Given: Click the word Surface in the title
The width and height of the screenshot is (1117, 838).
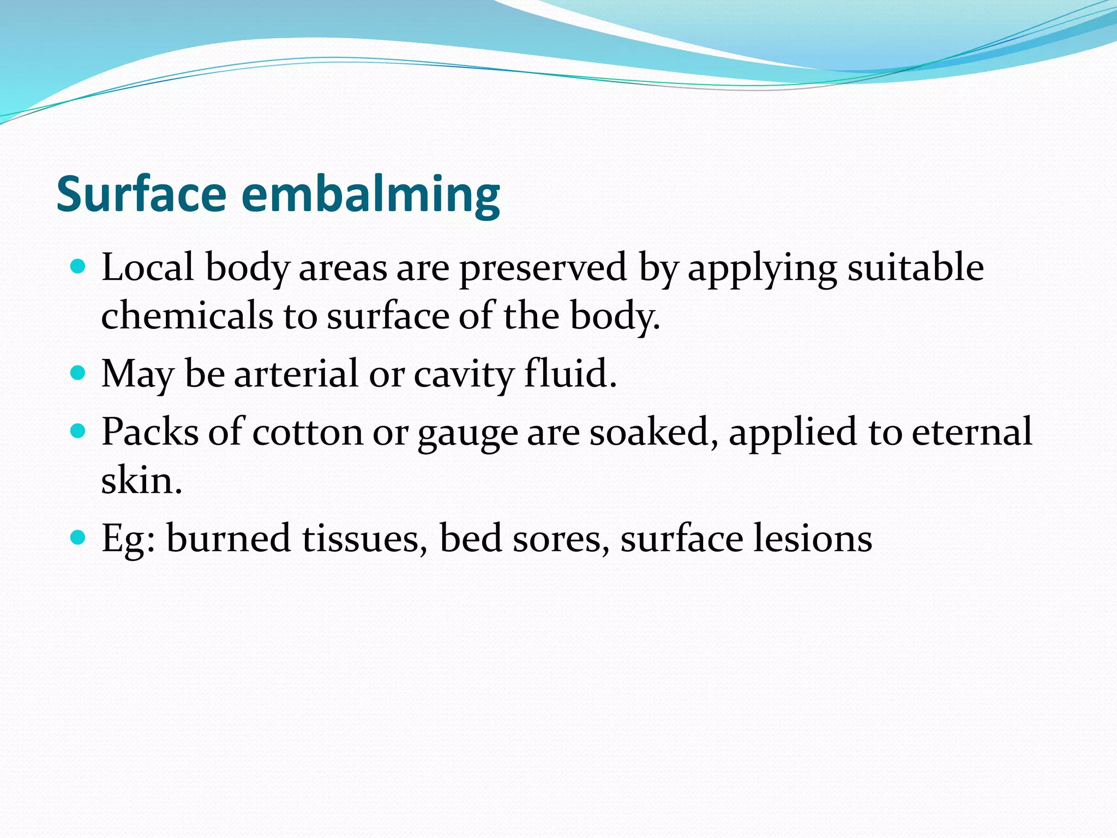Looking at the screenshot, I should click(141, 194).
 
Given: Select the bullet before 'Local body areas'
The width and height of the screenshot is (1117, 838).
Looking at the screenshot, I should click(79, 267).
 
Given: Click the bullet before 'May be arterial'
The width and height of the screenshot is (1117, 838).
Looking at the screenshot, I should click(79, 373).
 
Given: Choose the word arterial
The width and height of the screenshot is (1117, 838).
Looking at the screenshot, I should click(296, 374).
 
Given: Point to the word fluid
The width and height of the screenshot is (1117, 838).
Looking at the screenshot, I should click(570, 374).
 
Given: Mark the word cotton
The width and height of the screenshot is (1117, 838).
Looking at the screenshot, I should click(308, 432).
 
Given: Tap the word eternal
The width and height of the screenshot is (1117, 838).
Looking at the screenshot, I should click(971, 432).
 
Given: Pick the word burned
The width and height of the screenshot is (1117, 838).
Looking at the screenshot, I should click(229, 538).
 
